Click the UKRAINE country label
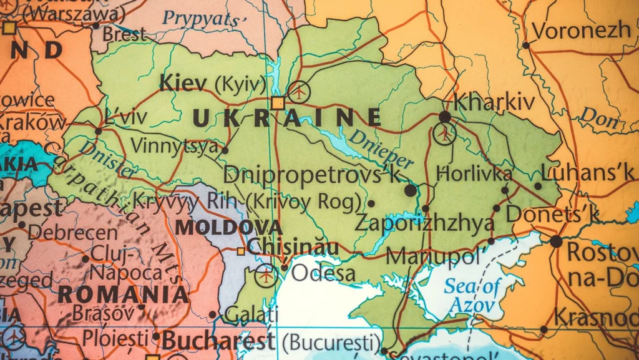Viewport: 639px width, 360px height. (286, 118)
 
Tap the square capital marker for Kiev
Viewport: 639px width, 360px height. (277, 103)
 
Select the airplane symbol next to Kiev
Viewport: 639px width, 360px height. (300, 92)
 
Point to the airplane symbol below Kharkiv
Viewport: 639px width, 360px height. (444, 134)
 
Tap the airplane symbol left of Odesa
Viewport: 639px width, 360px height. (266, 275)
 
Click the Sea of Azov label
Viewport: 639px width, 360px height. (472, 296)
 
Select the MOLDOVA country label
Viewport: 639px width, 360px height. (228, 227)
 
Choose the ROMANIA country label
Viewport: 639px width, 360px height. (123, 294)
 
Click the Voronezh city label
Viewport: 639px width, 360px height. (582, 29)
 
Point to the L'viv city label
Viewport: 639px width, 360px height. (126, 117)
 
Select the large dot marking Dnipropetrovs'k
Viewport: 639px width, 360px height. (410, 190)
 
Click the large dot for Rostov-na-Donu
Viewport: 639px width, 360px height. (555, 241)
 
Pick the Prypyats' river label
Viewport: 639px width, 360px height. (200, 19)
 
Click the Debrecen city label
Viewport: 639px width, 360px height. (72, 232)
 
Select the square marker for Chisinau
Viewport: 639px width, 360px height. (241, 251)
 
